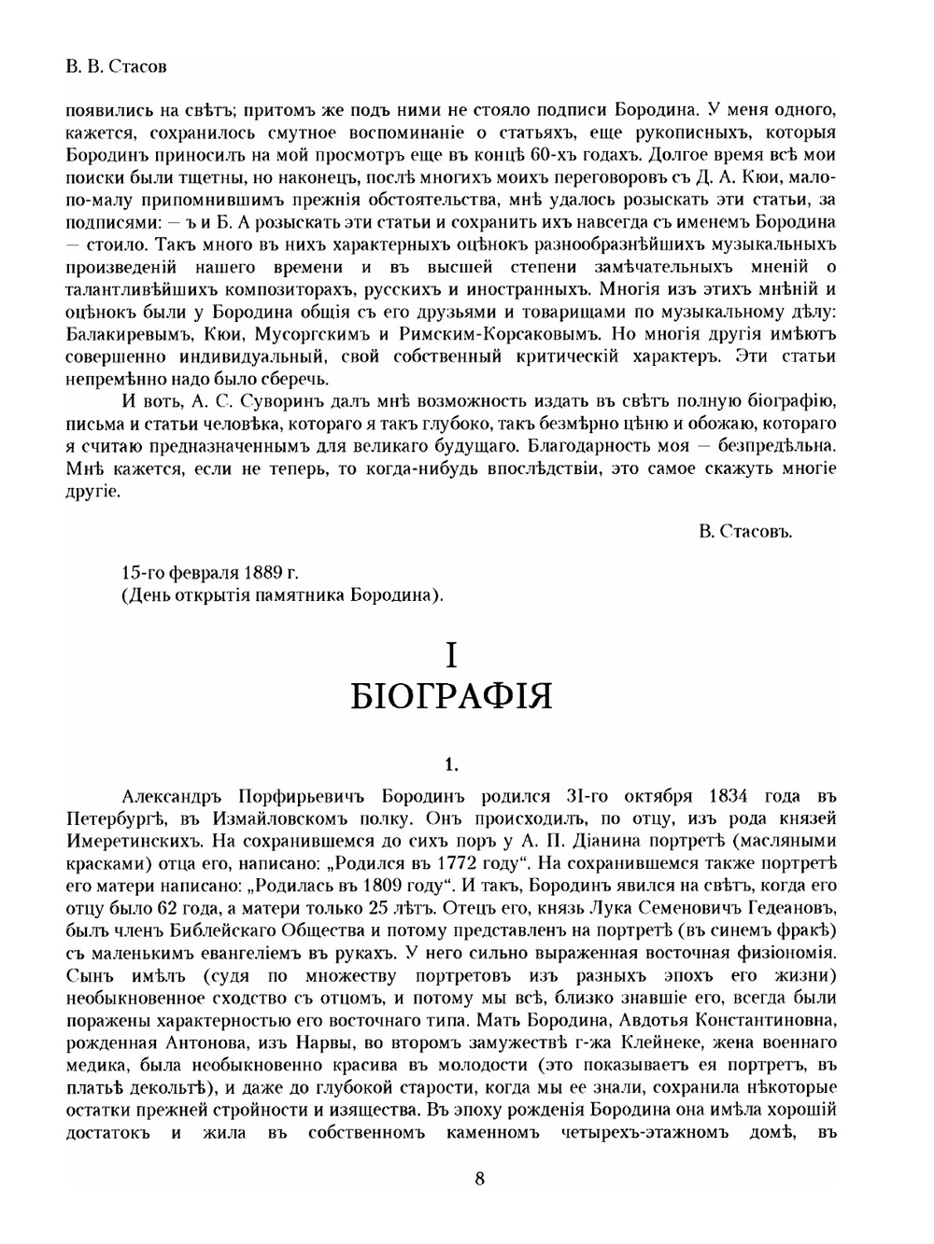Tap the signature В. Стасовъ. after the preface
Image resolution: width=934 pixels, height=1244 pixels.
744,531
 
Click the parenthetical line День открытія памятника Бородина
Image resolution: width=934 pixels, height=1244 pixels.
283,594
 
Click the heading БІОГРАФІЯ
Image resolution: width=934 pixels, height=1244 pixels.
452,696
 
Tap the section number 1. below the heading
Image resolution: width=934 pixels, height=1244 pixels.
452,765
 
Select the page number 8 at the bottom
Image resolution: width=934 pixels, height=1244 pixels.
479,1178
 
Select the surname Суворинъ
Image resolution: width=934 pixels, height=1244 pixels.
286,401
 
